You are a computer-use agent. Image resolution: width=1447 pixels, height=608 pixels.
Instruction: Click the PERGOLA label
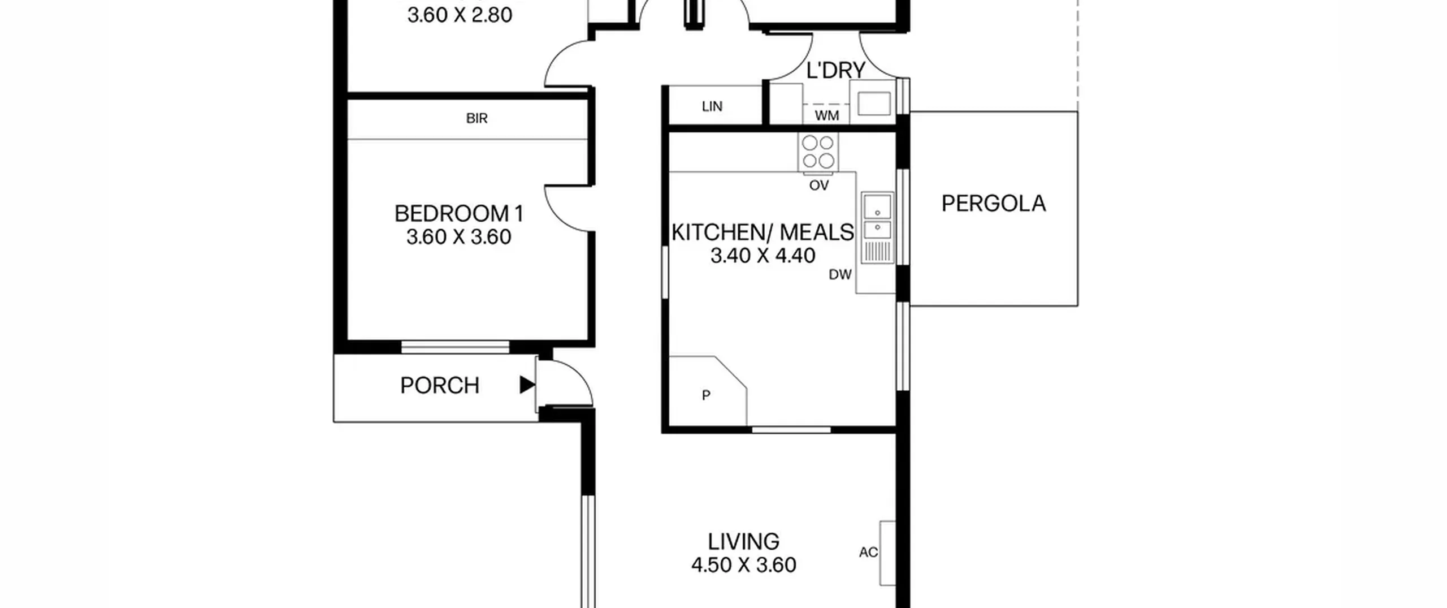[993, 204]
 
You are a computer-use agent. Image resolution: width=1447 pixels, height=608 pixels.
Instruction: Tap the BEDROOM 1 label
[459, 214]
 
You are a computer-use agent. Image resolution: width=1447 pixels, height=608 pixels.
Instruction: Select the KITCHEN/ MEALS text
[763, 232]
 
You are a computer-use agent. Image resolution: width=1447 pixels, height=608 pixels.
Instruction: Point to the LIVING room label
[743, 541]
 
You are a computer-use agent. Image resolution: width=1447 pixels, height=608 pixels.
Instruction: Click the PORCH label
[440, 386]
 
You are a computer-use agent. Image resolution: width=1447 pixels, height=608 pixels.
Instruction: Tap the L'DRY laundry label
[835, 71]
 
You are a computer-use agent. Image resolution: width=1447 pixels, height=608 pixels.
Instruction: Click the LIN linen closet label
[712, 106]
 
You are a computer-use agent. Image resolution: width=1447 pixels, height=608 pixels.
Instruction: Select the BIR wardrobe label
[476, 118]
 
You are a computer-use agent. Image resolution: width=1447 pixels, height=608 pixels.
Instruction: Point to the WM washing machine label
[827, 116]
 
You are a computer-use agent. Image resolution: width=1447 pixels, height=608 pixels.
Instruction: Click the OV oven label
[819, 186]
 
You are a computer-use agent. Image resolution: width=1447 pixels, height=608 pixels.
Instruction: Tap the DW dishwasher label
[840, 275]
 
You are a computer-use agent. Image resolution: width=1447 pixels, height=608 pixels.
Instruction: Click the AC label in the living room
[868, 552]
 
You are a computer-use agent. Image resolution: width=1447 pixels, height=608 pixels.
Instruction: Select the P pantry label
[706, 395]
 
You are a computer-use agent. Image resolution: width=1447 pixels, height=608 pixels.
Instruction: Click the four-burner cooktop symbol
[818, 152]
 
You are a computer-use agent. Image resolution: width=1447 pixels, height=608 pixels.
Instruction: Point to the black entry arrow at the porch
[527, 385]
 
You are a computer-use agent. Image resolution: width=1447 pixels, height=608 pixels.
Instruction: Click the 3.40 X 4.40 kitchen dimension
[763, 256]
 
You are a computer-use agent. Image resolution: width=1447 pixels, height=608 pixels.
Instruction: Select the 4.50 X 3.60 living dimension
[743, 565]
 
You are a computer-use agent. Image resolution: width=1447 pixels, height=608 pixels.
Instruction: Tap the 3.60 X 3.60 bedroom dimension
[458, 237]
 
